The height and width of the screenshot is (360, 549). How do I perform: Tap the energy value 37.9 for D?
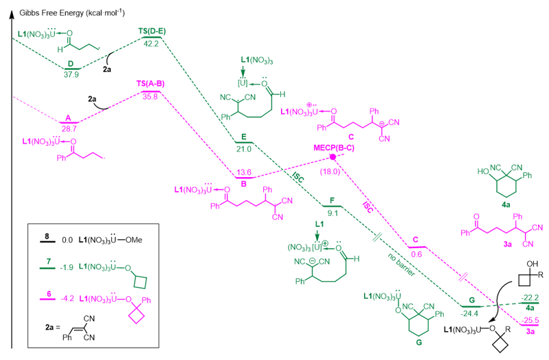70,75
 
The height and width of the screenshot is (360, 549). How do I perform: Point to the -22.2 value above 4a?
530,296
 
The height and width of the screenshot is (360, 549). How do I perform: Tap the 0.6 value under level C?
416,254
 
